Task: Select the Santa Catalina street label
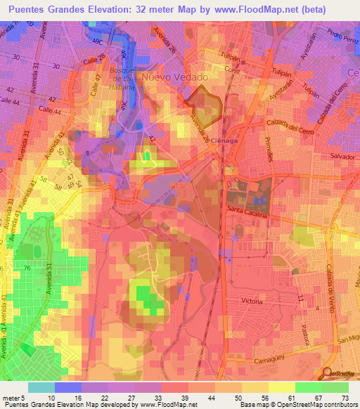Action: coord(247,211)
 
